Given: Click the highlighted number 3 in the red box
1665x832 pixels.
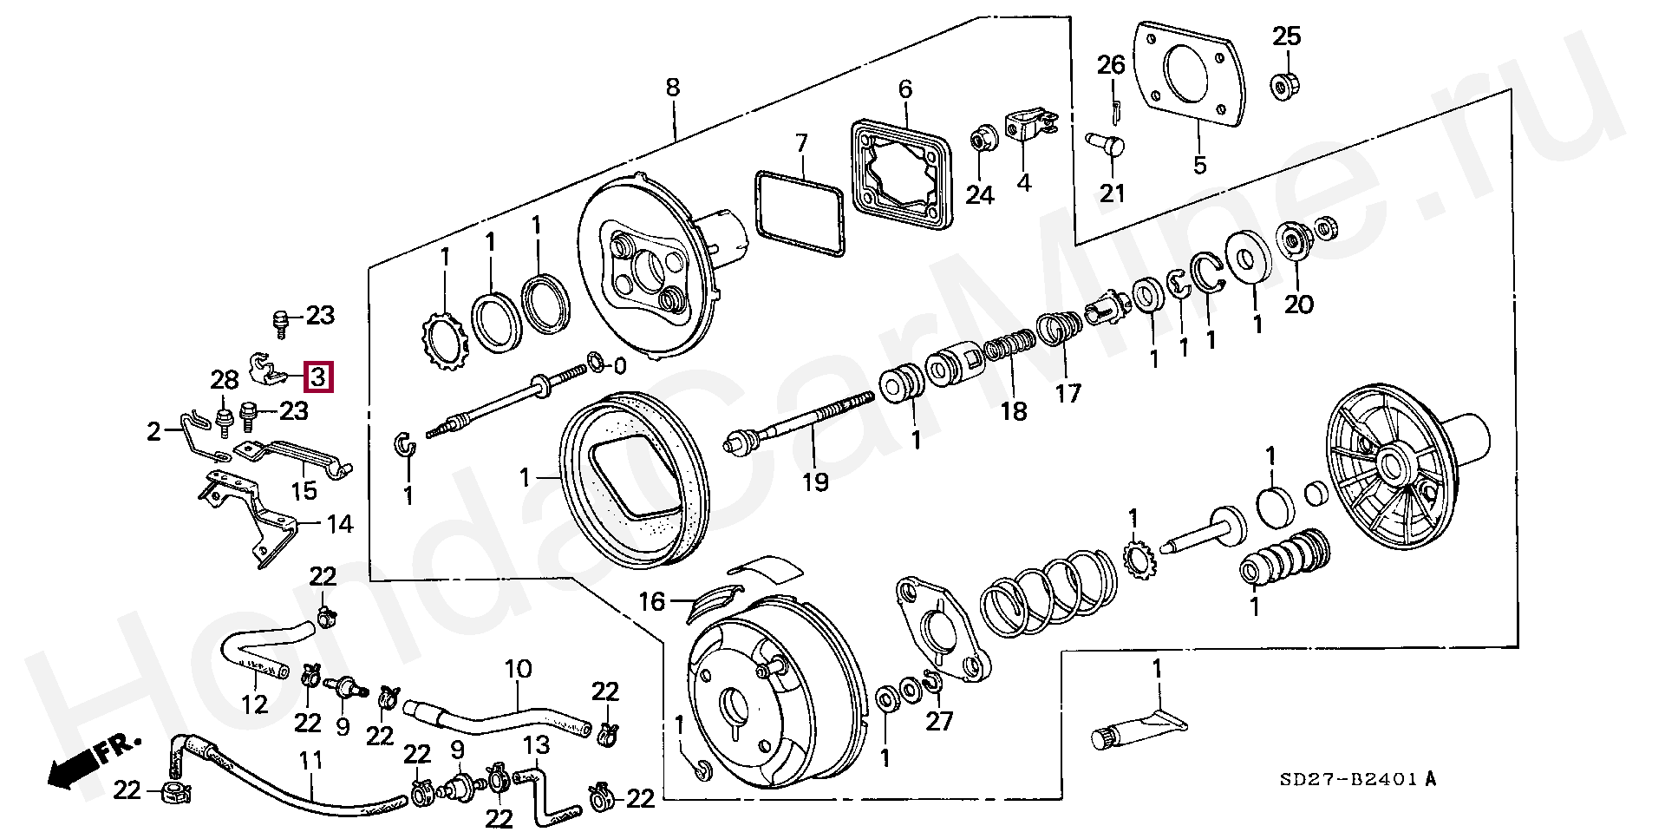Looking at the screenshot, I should pyautogui.click(x=318, y=377).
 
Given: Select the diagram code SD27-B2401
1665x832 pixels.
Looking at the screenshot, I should pyautogui.click(x=1358, y=779).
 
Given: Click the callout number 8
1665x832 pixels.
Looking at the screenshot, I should pyautogui.click(x=673, y=88).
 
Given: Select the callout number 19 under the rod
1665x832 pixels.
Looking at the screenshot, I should pyautogui.click(x=815, y=482).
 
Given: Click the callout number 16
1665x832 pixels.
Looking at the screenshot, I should pyautogui.click(x=652, y=601).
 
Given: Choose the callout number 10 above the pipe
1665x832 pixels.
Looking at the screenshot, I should pyautogui.click(x=518, y=669).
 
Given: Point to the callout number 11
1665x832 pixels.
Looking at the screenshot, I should pyautogui.click(x=310, y=761).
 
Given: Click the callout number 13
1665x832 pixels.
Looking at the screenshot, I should pyautogui.click(x=536, y=744).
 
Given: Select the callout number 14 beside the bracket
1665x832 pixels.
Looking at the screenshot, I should pyautogui.click(x=340, y=524).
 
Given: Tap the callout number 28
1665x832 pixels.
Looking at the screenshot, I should pyautogui.click(x=224, y=379).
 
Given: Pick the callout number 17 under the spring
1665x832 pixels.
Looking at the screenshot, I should pyautogui.click(x=1068, y=394).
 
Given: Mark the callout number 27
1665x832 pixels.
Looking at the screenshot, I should pyautogui.click(x=939, y=721).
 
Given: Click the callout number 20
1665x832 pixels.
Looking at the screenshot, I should pyautogui.click(x=1299, y=304).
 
